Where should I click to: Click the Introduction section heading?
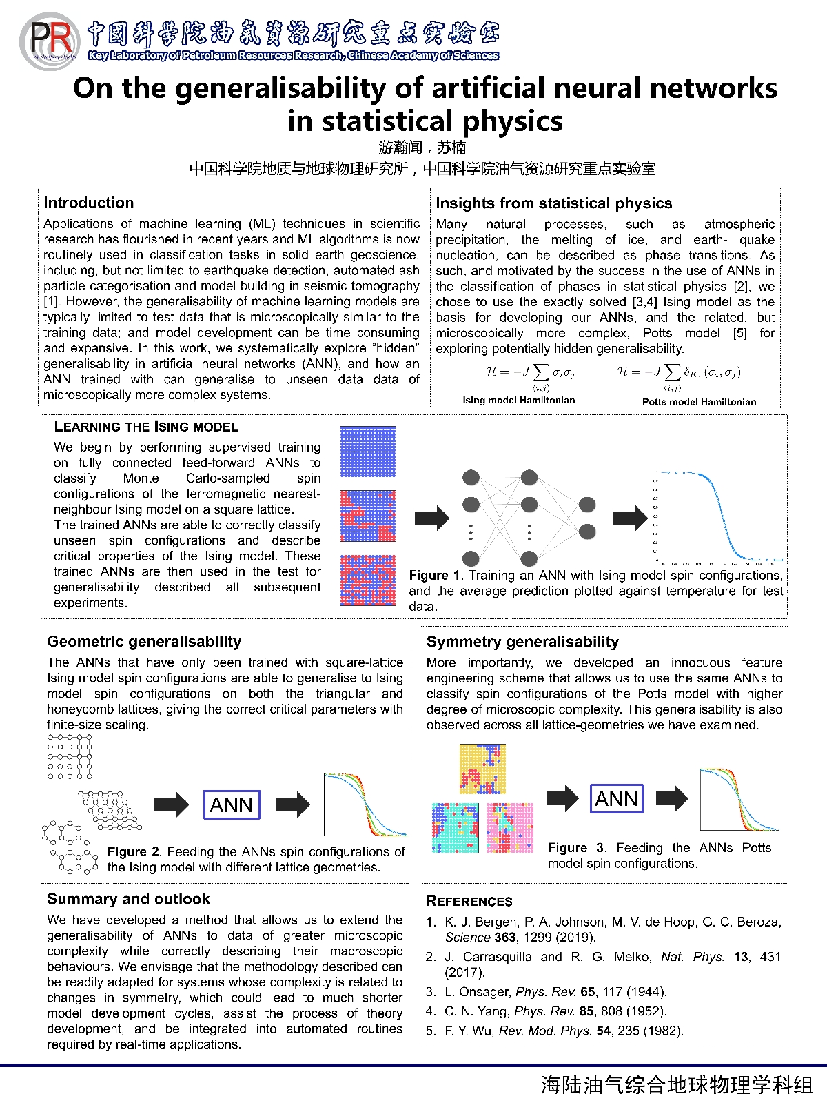[x=88, y=203]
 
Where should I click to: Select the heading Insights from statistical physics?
[x=553, y=203]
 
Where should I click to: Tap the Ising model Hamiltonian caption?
[x=518, y=400]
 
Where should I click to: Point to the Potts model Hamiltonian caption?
[x=699, y=402]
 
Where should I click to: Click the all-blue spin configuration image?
[x=368, y=452]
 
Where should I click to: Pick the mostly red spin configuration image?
[x=368, y=580]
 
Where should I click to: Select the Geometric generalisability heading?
[x=144, y=642]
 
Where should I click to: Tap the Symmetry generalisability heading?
[x=522, y=642]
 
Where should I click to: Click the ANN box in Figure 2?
[x=232, y=805]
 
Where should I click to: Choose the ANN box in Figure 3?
[x=617, y=798]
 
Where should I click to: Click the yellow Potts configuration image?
[x=482, y=769]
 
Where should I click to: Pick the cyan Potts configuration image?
[x=455, y=828]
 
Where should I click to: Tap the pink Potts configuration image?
[x=510, y=828]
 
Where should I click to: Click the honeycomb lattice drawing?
[x=69, y=848]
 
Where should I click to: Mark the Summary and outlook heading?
[x=128, y=899]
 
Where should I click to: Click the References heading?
[x=469, y=901]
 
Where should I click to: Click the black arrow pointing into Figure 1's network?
[x=432, y=518]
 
